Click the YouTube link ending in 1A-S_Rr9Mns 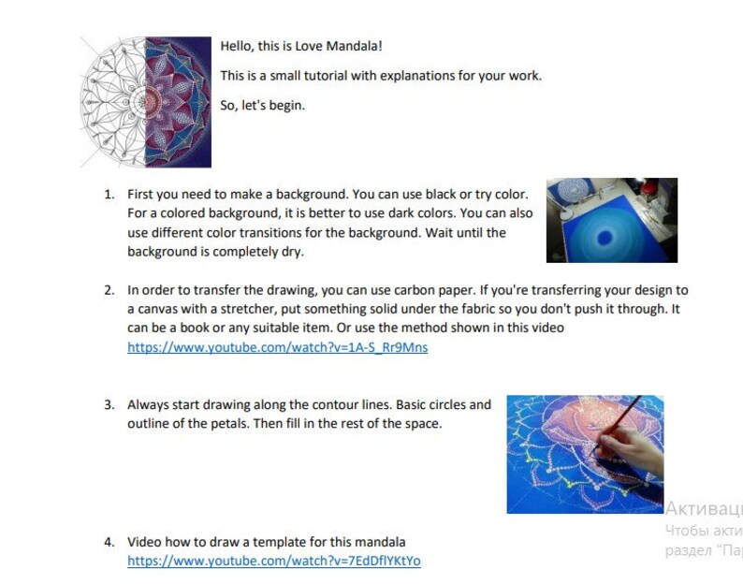(x=277, y=347)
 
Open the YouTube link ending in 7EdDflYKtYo (x=274, y=561)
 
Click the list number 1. (x=109, y=195)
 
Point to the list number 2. (x=109, y=290)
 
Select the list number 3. (x=109, y=405)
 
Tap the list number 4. (x=109, y=542)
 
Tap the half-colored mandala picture (x=145, y=102)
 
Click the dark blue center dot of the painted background (x=605, y=237)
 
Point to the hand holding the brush (x=626, y=449)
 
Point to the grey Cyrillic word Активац (x=704, y=508)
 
